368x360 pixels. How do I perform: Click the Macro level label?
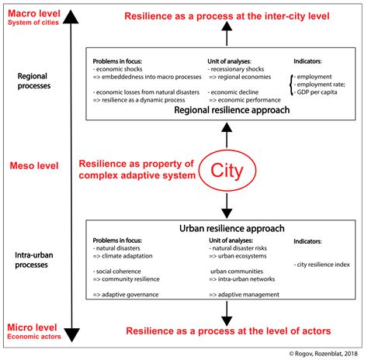(x=30, y=12)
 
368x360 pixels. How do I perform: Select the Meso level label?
(x=31, y=165)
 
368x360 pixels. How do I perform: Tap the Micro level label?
(x=30, y=328)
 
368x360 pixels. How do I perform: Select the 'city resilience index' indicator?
(x=322, y=265)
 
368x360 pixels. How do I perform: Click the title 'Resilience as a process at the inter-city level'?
(x=227, y=16)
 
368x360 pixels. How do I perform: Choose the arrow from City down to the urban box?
(x=227, y=204)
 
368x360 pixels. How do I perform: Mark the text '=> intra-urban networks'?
(x=241, y=279)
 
